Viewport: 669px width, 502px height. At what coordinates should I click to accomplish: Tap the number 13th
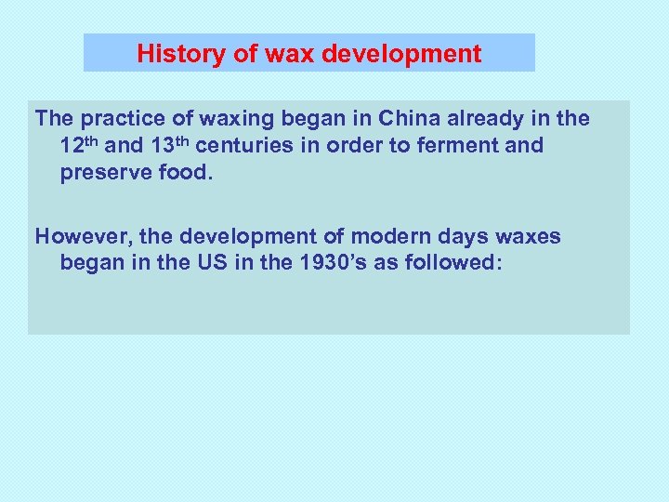click(171, 145)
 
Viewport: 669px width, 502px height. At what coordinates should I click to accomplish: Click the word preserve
click(103, 173)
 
